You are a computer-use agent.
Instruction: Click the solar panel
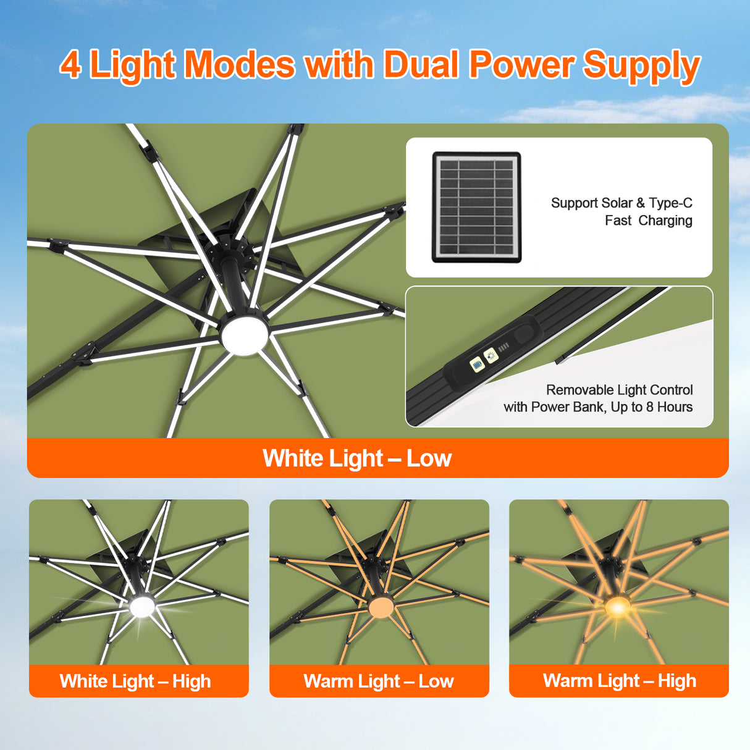(476, 207)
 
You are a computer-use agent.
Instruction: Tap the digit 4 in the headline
(70, 64)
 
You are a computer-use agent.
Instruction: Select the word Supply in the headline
(641, 65)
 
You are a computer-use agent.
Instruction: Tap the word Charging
(665, 221)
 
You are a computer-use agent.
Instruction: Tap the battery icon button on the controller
(476, 364)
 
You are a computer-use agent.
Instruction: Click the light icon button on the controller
(491, 355)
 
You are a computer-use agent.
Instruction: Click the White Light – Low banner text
(357, 458)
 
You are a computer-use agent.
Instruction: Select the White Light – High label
(135, 681)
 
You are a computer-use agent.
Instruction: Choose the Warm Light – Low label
(379, 681)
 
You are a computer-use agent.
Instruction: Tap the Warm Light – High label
(620, 681)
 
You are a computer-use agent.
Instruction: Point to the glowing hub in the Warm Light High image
(617, 608)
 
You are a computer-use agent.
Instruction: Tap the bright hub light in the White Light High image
(142, 607)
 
